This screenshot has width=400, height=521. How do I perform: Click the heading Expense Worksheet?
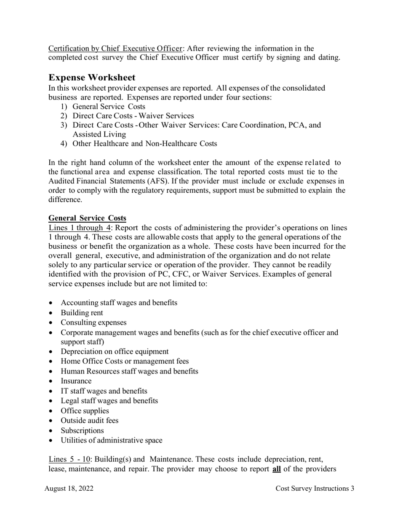point(92,78)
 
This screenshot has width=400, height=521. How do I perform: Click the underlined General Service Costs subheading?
point(87,218)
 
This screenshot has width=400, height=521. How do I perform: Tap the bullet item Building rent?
point(82,313)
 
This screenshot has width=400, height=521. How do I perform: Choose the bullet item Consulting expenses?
point(93,322)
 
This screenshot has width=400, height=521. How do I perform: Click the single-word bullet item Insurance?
point(76,381)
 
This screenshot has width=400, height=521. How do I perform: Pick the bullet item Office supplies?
point(85,411)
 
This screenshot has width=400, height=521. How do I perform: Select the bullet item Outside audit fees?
point(89,420)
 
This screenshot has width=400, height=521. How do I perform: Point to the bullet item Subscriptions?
point(82,430)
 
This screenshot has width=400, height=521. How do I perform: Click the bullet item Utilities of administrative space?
point(111,440)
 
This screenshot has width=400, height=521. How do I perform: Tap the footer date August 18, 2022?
point(69,489)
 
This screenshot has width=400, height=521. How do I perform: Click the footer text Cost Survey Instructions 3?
point(315,489)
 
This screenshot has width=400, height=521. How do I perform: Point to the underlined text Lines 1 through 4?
point(80,228)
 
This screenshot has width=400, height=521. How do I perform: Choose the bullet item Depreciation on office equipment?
point(115,352)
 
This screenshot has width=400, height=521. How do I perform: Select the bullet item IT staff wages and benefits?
point(104,391)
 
